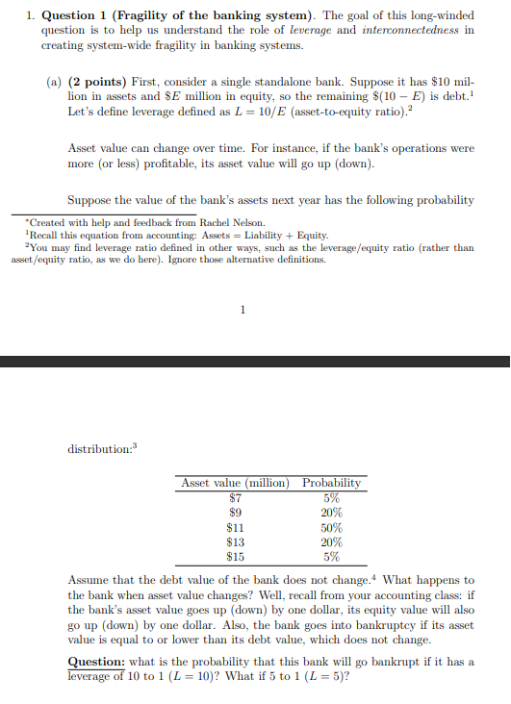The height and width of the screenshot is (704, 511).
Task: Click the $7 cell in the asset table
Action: tap(235, 498)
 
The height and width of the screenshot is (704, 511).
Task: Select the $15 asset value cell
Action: tap(235, 556)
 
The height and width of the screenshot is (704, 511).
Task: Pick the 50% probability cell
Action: tap(331, 527)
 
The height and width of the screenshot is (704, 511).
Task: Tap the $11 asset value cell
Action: tap(235, 527)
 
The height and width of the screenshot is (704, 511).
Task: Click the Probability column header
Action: tap(331, 483)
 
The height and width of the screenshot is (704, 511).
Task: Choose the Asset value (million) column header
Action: tap(235, 483)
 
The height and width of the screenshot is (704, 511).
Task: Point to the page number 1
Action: tap(243, 309)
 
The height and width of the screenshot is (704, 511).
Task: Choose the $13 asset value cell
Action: tap(235, 541)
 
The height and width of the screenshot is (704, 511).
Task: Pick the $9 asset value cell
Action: tap(235, 513)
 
